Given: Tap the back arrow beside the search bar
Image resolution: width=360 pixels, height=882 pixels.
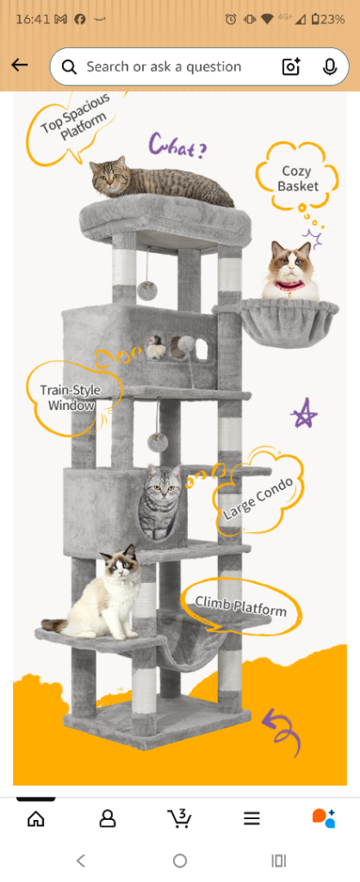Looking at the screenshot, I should (19, 66).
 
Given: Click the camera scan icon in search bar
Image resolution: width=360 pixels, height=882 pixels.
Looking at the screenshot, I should (291, 67).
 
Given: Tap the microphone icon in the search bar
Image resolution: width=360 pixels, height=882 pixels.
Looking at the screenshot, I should (330, 67).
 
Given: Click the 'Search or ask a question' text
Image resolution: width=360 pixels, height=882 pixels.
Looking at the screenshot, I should (164, 67).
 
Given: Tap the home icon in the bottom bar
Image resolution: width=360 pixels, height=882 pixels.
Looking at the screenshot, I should (35, 818).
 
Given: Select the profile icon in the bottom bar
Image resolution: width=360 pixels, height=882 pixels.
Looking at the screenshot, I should (108, 818).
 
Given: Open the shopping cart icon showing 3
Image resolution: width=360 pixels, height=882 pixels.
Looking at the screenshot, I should (179, 817).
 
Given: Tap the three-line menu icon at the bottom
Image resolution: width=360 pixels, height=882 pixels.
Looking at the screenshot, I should (251, 818).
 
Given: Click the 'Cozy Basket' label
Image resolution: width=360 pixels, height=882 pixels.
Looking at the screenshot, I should (298, 178).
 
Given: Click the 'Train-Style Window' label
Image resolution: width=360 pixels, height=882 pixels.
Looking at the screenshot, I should (70, 397).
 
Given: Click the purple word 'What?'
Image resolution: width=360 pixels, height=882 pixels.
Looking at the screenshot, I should (177, 146).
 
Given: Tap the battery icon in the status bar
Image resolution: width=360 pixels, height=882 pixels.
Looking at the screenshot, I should (315, 19).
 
